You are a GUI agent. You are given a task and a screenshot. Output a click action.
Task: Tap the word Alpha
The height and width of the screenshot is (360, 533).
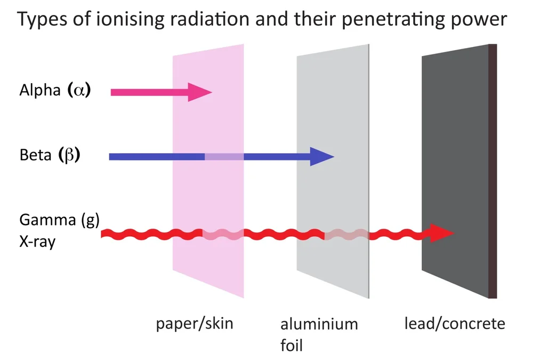pos(40,91)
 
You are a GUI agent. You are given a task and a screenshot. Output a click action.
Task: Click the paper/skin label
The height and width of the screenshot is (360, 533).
pos(195,324)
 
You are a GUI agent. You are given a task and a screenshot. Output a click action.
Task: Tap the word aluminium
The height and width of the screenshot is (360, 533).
pos(319,324)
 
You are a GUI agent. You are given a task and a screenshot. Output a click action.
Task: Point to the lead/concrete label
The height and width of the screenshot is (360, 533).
pos(454,324)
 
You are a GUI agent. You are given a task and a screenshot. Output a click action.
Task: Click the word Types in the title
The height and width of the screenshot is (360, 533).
pos(43,21)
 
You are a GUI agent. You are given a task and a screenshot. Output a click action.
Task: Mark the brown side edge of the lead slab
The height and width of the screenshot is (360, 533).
pos(493,171)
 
